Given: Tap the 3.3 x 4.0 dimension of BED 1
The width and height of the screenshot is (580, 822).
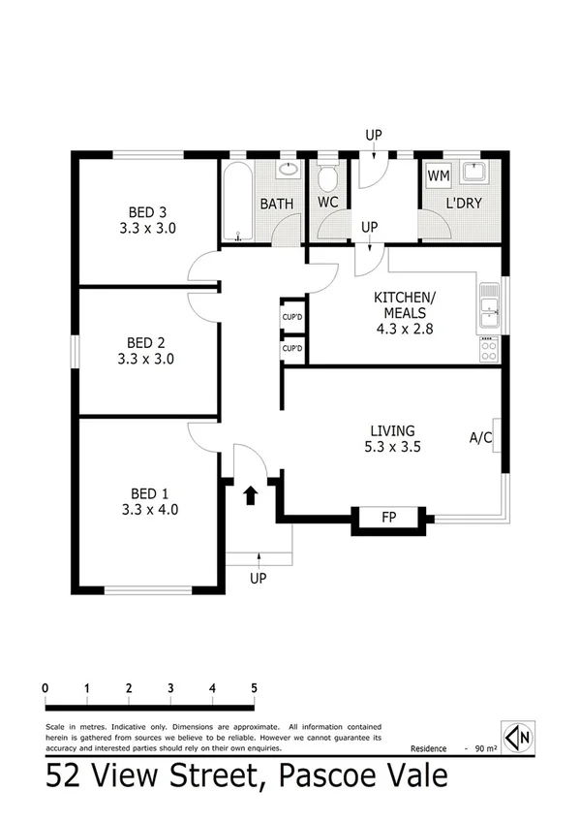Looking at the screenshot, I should coord(150,507).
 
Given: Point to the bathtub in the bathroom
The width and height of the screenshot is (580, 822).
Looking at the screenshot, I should coord(237,205).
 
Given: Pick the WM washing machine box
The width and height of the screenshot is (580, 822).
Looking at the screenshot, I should coord(438,175).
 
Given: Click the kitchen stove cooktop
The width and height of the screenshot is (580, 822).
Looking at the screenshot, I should coord(490,349).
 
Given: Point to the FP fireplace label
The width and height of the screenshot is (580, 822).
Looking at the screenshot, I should coord(391,519).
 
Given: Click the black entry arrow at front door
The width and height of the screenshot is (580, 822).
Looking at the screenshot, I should coord(250,495).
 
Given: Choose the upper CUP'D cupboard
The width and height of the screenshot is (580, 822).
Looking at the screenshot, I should coord(291,316).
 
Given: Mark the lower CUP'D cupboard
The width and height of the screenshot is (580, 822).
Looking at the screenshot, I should coord(291,348).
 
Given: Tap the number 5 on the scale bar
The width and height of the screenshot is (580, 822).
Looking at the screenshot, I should coord(254,688).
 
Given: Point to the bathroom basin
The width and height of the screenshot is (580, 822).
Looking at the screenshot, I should coord(288,172).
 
